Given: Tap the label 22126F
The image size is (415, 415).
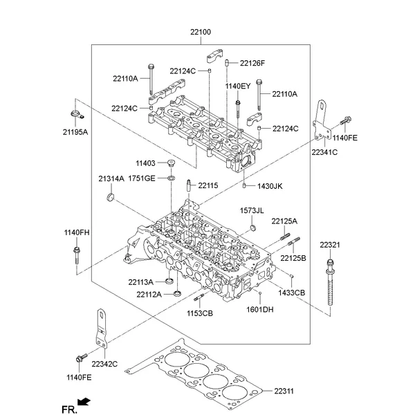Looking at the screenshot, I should (x=252, y=64).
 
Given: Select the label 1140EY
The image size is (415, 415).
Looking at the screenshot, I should (x=237, y=86).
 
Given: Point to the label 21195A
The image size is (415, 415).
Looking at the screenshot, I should (x=75, y=131).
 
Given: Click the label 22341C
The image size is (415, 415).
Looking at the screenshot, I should (x=324, y=151).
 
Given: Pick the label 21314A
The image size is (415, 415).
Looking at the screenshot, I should (x=111, y=178).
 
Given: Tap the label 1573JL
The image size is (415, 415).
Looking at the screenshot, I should (x=252, y=210).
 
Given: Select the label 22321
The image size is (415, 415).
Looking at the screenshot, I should (x=330, y=246).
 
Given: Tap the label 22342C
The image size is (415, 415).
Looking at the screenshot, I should (x=105, y=364).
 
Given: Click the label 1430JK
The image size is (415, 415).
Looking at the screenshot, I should (x=270, y=186).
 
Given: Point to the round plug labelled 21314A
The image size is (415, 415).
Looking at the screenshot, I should (x=109, y=201).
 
